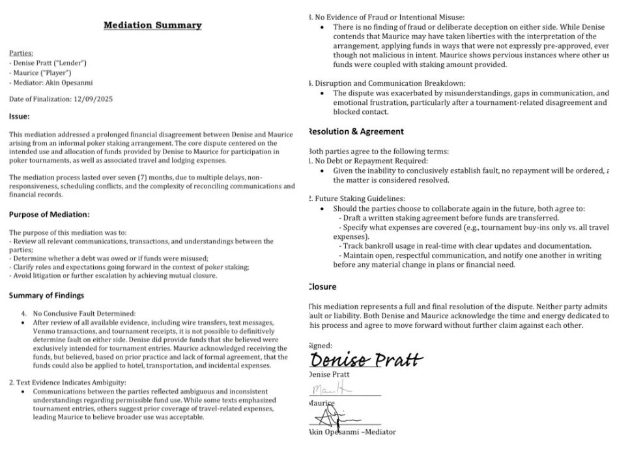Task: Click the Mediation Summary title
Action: [152, 25]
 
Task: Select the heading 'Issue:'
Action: [19, 116]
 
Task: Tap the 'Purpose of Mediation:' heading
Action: [50, 214]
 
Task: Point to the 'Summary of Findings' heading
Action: [46, 295]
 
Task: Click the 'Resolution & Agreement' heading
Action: [356, 131]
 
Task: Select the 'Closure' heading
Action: [322, 287]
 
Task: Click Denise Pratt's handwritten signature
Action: [366, 359]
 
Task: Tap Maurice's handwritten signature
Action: [332, 390]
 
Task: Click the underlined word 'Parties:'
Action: [21, 53]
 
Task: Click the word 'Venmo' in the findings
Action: [44, 331]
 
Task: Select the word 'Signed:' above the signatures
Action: [320, 346]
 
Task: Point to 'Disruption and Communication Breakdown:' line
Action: [390, 83]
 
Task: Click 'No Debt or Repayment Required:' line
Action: [371, 161]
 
